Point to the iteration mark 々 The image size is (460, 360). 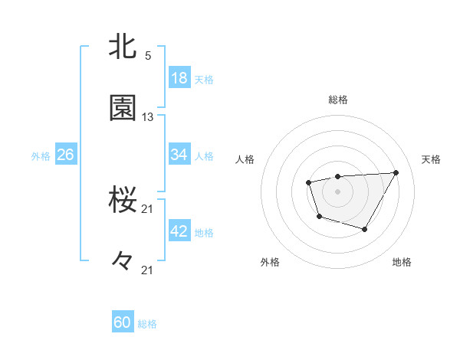(123, 261)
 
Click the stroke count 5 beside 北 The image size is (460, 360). (148, 55)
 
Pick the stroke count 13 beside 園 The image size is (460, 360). (148, 116)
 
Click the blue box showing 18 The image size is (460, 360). (179, 78)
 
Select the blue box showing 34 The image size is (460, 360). (179, 155)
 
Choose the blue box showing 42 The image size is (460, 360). (179, 232)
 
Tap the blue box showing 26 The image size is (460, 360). (65, 155)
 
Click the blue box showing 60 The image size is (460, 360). (123, 322)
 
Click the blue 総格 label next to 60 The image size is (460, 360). (147, 324)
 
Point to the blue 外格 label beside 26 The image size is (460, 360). (41, 156)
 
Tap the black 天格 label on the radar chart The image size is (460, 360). (431, 159)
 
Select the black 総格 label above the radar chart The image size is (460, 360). (337, 100)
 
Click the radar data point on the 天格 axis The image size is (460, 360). (396, 172)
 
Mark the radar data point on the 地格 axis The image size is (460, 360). (365, 229)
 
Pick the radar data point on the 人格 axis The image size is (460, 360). (308, 182)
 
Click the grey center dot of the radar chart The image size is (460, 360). (337, 191)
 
